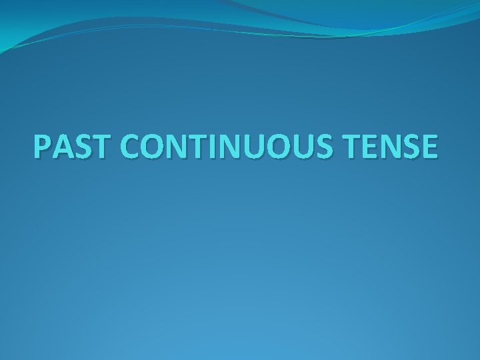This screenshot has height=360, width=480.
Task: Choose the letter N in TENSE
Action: [393, 147]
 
